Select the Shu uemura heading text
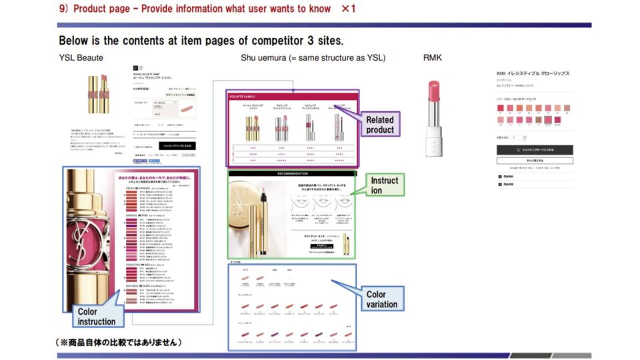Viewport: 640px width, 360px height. coord(313,58)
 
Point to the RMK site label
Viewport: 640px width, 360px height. coord(432,58)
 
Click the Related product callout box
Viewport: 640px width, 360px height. coord(379,124)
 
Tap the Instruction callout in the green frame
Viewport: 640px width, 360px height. coord(385,185)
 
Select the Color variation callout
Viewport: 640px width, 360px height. coord(382,299)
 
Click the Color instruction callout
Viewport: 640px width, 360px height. coord(96,316)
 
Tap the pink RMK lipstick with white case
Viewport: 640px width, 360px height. coord(434,118)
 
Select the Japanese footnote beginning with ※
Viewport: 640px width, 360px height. coord(119,342)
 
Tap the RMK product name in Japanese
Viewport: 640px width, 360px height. coord(533,73)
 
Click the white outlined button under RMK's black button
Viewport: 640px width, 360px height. coord(534,161)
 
